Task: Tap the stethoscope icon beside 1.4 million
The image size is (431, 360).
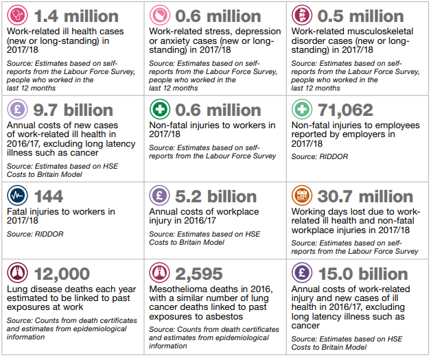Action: click(16, 15)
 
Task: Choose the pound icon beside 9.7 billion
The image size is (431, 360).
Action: click(16, 110)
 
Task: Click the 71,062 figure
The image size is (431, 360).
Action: click(340, 110)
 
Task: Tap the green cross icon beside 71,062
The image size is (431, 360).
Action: click(302, 110)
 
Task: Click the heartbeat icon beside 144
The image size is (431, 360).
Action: click(16, 196)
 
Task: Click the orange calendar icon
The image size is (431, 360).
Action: click(302, 196)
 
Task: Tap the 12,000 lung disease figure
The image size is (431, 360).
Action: click(61, 275)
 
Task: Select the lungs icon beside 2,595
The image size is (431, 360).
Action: click(159, 275)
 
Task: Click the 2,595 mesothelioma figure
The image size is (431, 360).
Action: click(200, 275)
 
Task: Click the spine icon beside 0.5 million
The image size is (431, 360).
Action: click(302, 15)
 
